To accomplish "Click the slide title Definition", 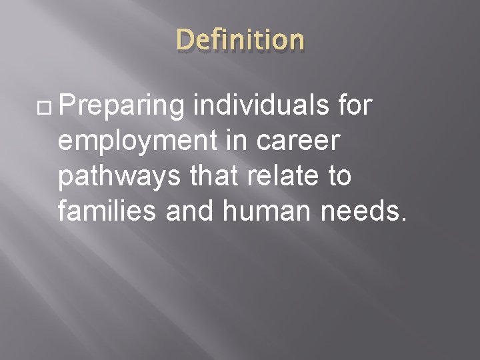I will tap(240, 41).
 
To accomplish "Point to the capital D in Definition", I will tap(185, 40).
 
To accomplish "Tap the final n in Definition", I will tap(295, 43).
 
